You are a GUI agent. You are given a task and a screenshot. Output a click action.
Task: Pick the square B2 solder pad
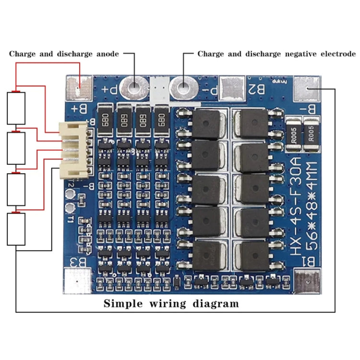pos(235,88)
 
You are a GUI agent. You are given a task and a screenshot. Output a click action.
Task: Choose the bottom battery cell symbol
pos(16,229)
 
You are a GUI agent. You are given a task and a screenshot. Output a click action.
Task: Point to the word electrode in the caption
pos(337,54)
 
